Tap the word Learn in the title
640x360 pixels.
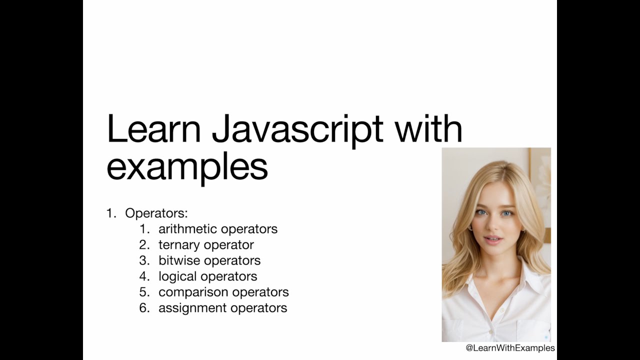[153, 129]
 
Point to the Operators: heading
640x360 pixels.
[156, 213]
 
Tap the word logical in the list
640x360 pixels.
[178, 276]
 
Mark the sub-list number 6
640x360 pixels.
[144, 308]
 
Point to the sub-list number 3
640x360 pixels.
[144, 260]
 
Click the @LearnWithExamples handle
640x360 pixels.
[510, 348]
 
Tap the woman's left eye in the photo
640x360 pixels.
[507, 213]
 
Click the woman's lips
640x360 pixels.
[493, 239]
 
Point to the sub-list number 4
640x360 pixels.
[144, 276]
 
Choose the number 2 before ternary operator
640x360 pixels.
[144, 245]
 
